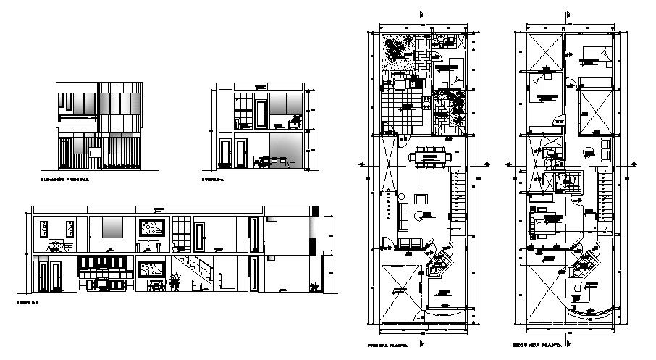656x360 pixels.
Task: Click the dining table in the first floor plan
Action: tap(428, 155)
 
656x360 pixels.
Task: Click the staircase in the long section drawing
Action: tap(196, 270)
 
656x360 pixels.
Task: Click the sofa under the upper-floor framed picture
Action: tap(151, 246)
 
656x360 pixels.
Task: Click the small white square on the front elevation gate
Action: tap(94, 152)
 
